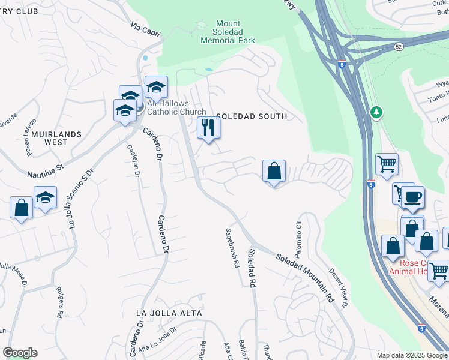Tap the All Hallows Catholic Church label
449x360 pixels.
pos(176,107)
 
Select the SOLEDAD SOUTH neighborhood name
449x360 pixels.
pos(252,116)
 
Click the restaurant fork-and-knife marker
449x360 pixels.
pos(209,128)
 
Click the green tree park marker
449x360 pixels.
pos(376,112)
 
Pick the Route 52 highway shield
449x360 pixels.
pos(399,46)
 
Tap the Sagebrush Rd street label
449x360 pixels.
pos(232,247)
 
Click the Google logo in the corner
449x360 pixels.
pos(20,353)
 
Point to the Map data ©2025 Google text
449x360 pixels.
pos(411,355)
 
